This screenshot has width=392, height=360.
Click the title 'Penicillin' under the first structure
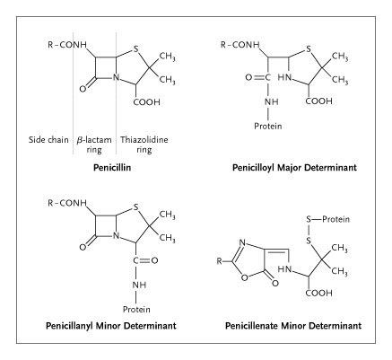[112, 167]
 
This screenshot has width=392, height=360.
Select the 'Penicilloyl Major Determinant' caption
[294, 167]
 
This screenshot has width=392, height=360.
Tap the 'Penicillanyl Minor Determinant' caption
[111, 326]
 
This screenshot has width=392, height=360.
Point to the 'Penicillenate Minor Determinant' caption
[293, 326]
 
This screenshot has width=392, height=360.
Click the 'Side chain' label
[48, 140]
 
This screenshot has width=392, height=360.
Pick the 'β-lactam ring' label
[94, 145]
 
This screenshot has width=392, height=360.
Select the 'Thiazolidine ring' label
[144, 145]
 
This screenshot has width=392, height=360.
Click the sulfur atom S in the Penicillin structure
[136, 48]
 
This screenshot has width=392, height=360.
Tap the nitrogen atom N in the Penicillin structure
[116, 77]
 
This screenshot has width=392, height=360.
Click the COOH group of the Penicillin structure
[146, 102]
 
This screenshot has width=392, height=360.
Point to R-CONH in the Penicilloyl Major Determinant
[240, 45]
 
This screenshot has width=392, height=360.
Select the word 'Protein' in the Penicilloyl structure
[268, 127]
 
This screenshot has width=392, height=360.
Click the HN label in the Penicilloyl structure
[284, 77]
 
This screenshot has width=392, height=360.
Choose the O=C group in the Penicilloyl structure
[258, 77]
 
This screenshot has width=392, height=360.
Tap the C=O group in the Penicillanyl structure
[145, 260]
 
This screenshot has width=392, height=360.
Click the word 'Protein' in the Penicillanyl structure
[136, 309]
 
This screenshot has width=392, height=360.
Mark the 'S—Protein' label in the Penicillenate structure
[327, 219]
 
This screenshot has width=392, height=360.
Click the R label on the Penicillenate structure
[220, 261]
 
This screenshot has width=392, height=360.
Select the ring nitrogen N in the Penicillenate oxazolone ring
[242, 242]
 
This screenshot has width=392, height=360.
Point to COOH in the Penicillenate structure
[318, 293]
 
